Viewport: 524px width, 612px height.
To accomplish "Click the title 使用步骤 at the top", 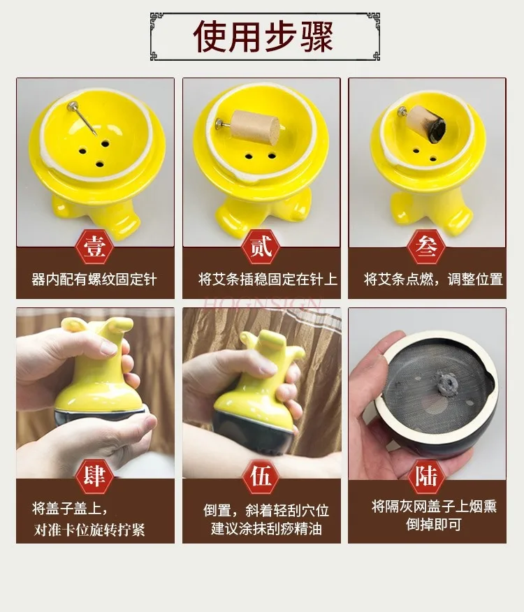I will click(x=263, y=36).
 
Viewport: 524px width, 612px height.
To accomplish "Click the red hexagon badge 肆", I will click(x=95, y=476).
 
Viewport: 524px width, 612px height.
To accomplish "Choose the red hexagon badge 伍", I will click(x=261, y=476).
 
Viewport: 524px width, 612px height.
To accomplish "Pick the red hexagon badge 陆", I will click(x=427, y=476).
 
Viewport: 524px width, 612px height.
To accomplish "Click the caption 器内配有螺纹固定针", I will click(x=95, y=279).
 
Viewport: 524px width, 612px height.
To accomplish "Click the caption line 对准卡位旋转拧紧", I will click(x=89, y=529).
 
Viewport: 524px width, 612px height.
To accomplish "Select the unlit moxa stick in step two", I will click(x=254, y=127).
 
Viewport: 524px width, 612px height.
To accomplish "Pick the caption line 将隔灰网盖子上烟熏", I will click(x=434, y=506).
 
